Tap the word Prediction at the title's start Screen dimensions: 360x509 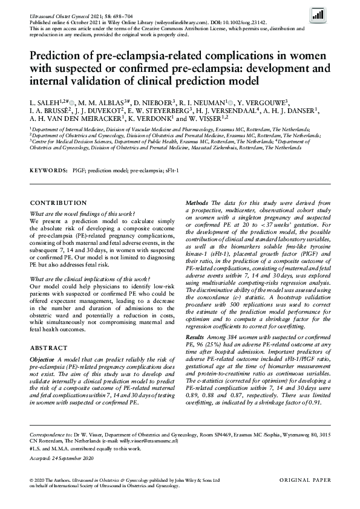pos(57,57)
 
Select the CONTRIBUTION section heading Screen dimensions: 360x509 pos(58,203)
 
